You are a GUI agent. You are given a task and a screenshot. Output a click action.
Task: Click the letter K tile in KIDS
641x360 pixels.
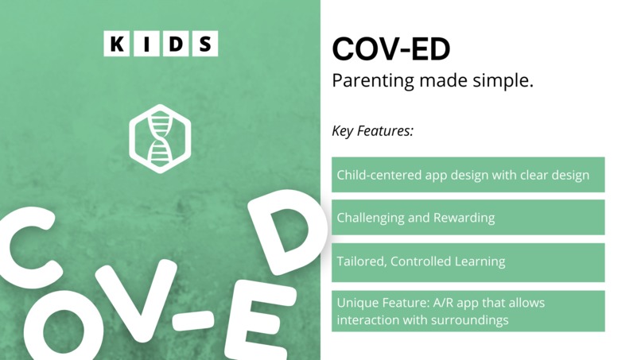coord(116,44)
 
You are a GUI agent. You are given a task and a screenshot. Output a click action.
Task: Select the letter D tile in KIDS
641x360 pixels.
coord(175,44)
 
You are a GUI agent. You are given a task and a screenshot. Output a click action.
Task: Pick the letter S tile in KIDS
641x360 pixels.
coord(204,44)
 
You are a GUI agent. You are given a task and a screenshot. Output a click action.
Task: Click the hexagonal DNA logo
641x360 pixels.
coord(160,137)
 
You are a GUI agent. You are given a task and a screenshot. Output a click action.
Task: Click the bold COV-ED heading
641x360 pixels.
coord(390,49)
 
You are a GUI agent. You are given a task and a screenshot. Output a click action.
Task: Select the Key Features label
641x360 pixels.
coord(372,130)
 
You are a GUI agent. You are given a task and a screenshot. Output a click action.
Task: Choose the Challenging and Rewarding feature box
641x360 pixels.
coord(468,217)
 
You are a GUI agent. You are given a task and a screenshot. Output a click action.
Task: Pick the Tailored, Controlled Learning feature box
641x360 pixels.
coord(468,261)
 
